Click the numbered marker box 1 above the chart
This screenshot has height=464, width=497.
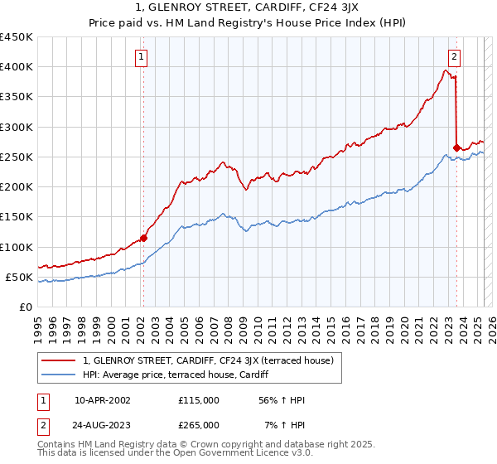coord(142,57)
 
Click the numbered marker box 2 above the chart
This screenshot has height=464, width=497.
coord(455,57)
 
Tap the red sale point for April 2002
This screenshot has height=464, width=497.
coord(143,238)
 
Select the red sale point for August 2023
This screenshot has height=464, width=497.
coord(456,148)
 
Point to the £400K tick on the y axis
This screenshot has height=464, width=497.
coord(17,67)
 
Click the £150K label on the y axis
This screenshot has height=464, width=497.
coord(17,217)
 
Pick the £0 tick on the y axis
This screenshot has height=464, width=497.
coord(27,307)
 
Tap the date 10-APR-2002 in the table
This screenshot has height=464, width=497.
coord(103,399)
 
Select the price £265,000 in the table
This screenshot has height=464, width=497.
coord(199,424)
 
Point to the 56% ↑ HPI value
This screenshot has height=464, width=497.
coord(277,399)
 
